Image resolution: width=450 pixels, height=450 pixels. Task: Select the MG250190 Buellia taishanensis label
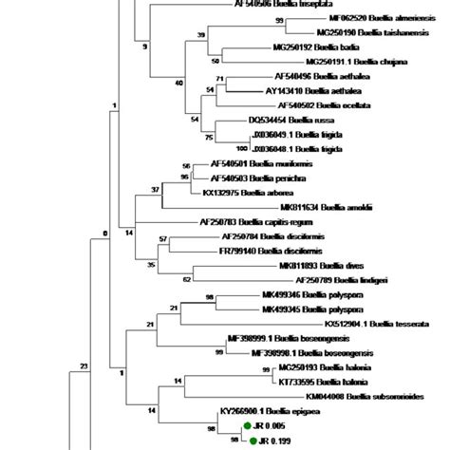coord(374,32)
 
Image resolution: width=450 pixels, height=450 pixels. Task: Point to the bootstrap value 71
coord(220,79)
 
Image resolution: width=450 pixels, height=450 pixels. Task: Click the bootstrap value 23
coord(84,365)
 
